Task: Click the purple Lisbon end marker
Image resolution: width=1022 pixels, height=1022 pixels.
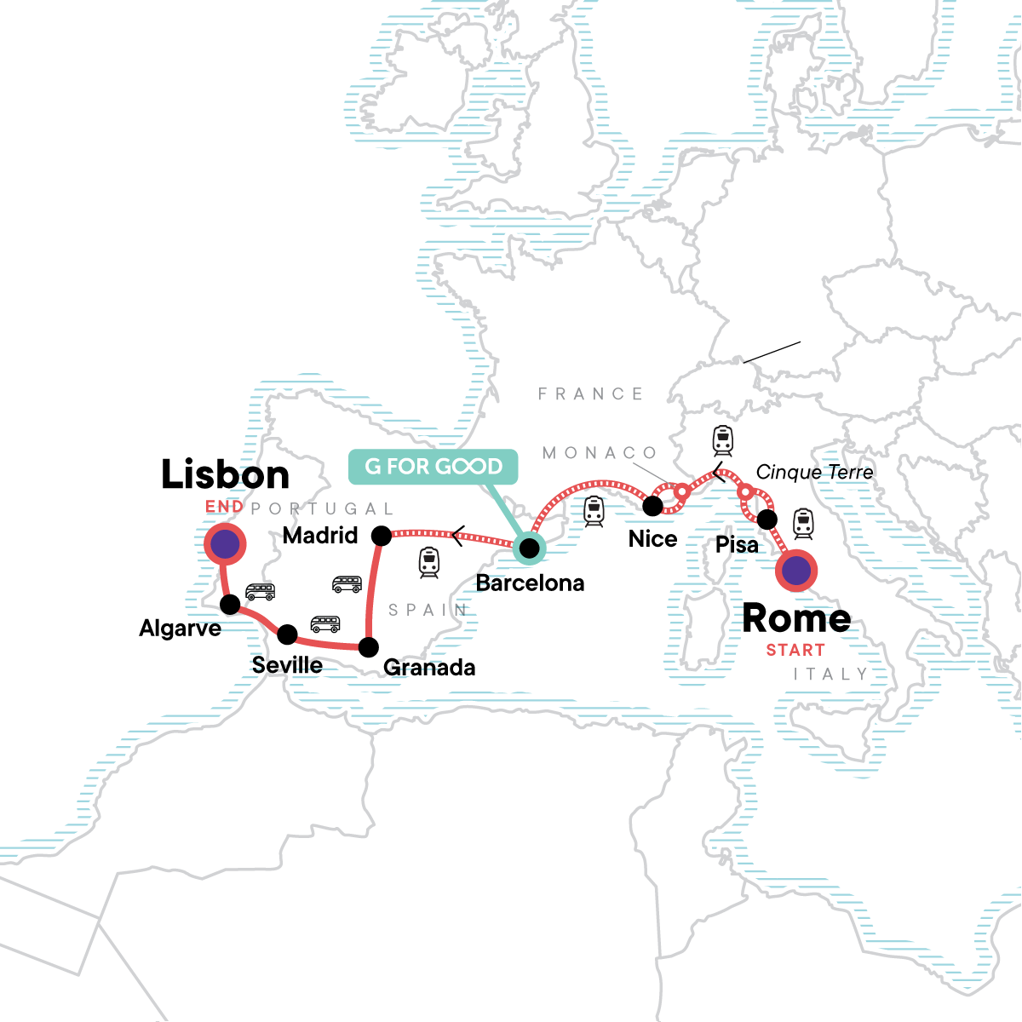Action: [x=225, y=543]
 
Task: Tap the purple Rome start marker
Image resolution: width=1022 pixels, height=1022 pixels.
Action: [x=796, y=571]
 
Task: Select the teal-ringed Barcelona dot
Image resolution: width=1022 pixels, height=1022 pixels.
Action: [x=529, y=547]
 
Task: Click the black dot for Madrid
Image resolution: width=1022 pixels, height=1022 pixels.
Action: [x=382, y=536]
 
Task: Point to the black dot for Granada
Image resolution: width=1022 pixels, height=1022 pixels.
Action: [x=368, y=647]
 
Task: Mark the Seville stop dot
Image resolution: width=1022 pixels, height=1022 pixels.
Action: [x=288, y=634]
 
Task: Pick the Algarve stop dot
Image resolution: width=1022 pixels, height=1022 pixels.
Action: [x=230, y=605]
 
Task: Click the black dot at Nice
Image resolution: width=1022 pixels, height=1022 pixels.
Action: [x=652, y=506]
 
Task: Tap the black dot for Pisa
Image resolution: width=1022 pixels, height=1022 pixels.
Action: [x=767, y=520]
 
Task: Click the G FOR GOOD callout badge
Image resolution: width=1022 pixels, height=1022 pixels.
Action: [x=433, y=467]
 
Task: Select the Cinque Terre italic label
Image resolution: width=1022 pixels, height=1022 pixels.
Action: [x=814, y=473]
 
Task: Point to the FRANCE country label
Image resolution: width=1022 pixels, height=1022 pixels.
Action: [x=590, y=393]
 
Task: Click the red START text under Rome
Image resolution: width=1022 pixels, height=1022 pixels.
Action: [x=795, y=650]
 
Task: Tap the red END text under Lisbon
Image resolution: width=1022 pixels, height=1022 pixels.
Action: [x=224, y=507]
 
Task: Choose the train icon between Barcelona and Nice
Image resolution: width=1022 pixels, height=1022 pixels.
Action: [x=594, y=511]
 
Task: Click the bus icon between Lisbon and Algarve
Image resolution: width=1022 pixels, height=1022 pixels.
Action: [x=260, y=592]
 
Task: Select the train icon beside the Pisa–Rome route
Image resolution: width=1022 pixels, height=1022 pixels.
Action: [x=803, y=523]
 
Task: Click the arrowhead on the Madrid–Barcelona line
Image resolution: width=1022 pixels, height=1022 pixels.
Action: [x=458, y=536]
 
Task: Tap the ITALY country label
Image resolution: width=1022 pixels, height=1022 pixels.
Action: [x=830, y=674]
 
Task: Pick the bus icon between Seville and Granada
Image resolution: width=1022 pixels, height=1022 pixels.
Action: [x=325, y=623]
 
